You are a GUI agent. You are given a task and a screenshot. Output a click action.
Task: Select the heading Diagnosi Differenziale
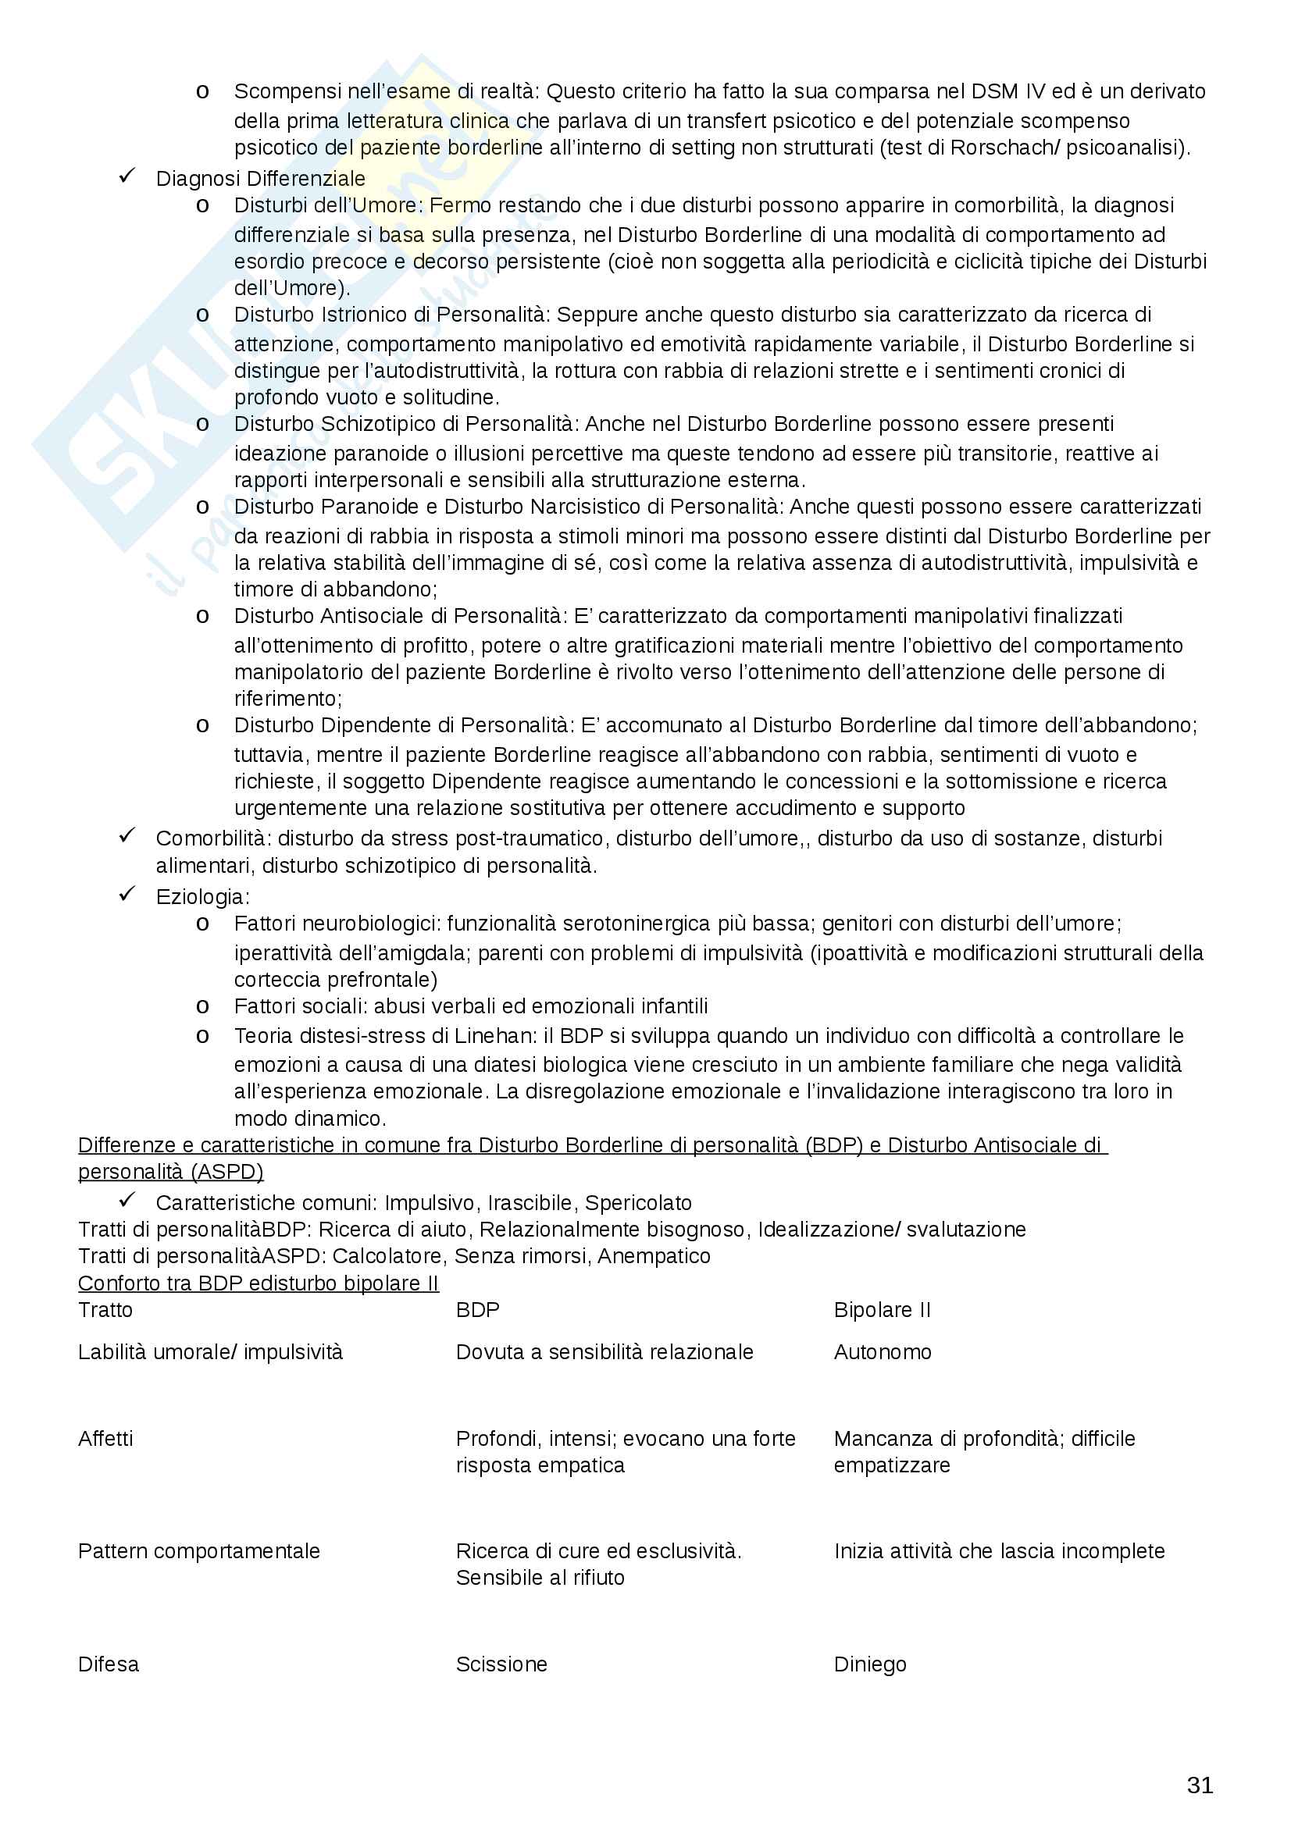(260, 178)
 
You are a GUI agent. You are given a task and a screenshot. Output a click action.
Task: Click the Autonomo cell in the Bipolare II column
(882, 1351)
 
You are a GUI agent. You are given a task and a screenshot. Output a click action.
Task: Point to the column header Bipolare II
(881, 1310)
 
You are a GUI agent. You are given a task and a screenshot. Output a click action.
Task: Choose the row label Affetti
(105, 1438)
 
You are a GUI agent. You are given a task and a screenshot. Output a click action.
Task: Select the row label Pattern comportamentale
(198, 1551)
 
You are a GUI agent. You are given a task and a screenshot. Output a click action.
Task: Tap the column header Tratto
(105, 1310)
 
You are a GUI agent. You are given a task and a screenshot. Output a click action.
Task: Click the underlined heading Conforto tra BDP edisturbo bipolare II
(258, 1283)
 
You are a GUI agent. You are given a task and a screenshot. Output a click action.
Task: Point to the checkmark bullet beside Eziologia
(127, 894)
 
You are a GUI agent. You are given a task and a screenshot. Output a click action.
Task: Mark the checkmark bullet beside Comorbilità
(127, 836)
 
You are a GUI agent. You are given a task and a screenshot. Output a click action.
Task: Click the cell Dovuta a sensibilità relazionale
(604, 1351)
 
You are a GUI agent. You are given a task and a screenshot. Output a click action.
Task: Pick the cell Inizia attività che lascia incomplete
(998, 1551)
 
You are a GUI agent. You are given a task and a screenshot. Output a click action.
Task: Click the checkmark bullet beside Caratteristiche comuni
(127, 1200)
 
